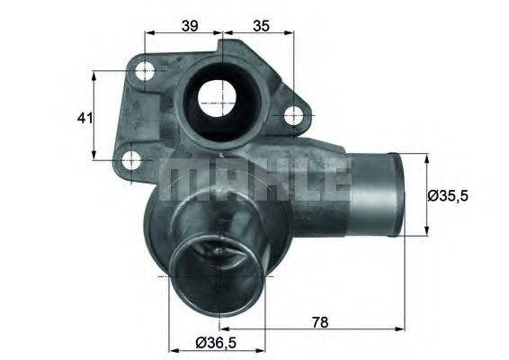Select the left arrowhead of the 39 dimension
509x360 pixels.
[x=147, y=32]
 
